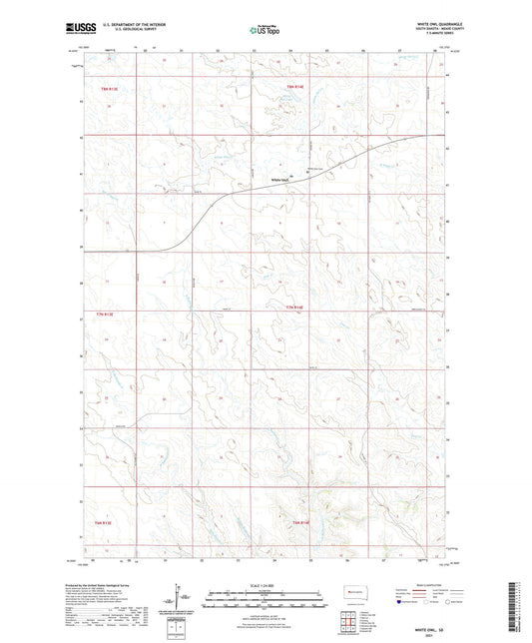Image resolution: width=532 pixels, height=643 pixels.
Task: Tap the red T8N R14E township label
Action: coord(294,89)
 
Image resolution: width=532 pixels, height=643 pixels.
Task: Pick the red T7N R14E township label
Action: coord(293,307)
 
